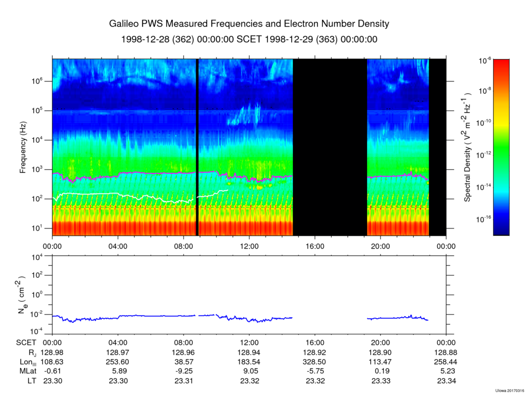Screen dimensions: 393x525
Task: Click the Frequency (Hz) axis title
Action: pos(23,148)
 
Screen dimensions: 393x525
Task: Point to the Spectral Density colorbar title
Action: pos(468,148)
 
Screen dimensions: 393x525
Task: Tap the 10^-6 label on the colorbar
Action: pos(484,60)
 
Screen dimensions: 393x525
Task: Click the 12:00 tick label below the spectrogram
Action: pos(249,246)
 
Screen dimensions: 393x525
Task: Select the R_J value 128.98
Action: pos(52,353)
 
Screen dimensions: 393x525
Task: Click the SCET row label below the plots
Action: pos(25,343)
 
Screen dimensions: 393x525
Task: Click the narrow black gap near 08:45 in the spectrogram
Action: pos(197,148)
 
